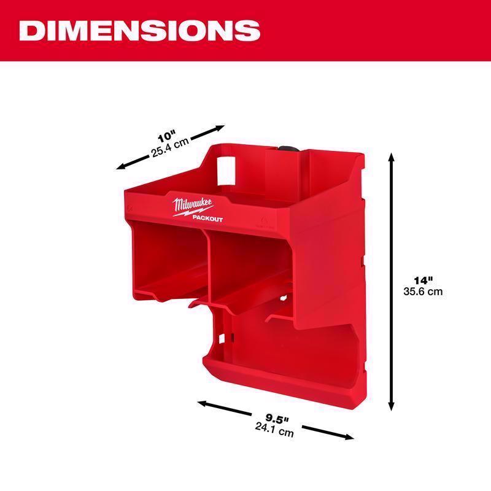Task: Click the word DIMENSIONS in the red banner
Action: pos(139,30)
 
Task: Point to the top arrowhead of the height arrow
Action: pos(391,157)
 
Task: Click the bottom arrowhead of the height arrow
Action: pos(391,408)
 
